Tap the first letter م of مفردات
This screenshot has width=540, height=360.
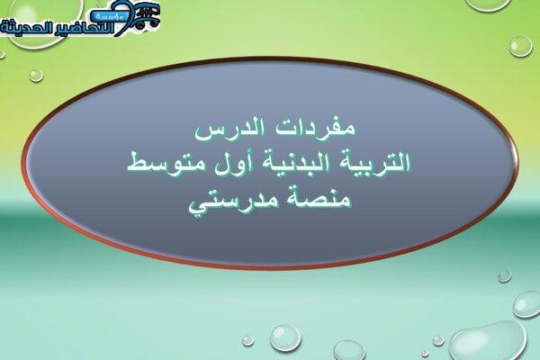346,130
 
